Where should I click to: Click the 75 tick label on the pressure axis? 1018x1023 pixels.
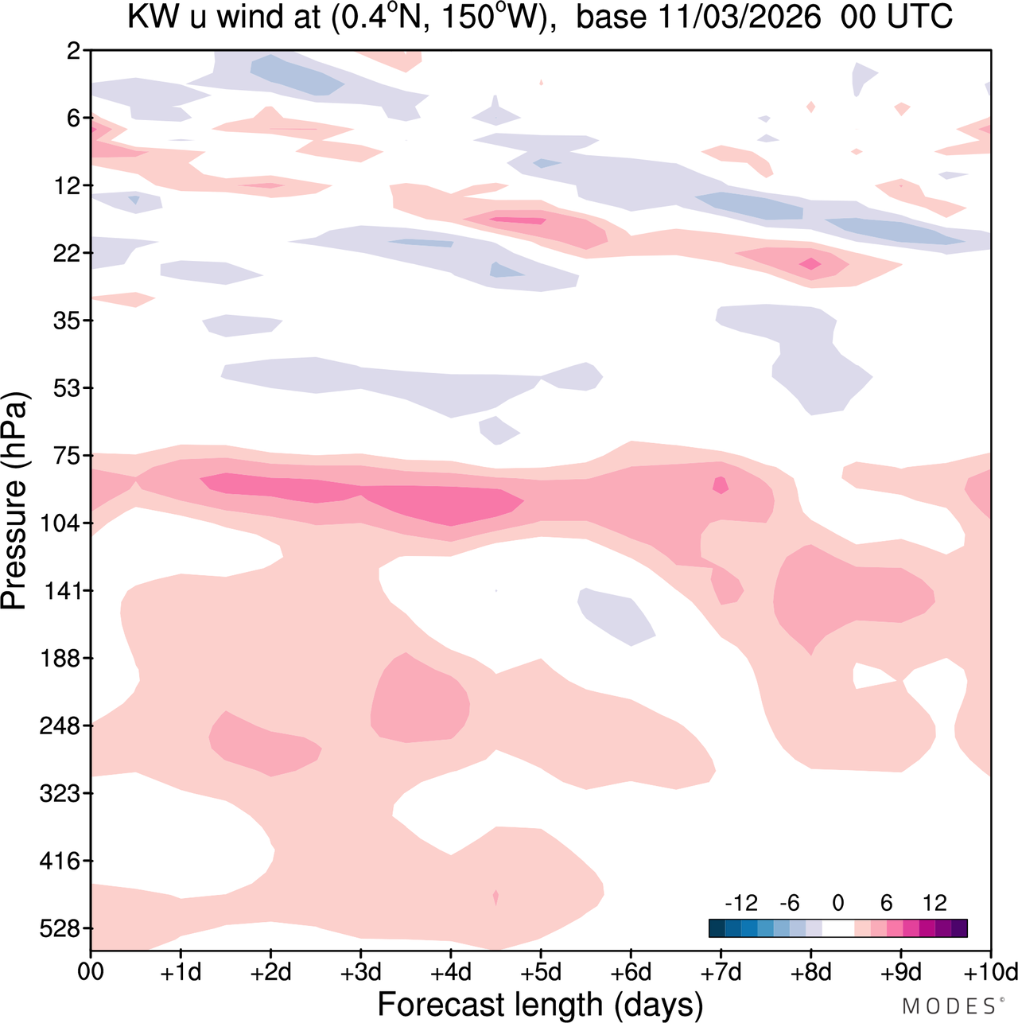click(x=67, y=456)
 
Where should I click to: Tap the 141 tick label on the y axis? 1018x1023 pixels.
click(x=62, y=591)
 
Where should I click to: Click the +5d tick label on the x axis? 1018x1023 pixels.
click(x=541, y=972)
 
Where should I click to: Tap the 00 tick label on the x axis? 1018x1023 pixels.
click(x=91, y=972)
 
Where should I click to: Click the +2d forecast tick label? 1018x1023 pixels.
click(x=270, y=972)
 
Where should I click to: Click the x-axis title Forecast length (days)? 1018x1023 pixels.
click(x=540, y=1004)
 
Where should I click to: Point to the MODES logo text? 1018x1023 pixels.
click(x=948, y=1006)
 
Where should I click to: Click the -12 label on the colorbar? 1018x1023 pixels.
click(x=740, y=903)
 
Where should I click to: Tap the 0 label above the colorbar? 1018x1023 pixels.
click(x=837, y=903)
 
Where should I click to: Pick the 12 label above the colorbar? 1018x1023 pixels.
click(x=934, y=903)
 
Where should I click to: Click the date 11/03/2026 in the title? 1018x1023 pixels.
click(x=739, y=18)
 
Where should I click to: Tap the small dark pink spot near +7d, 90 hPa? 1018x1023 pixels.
click(x=721, y=484)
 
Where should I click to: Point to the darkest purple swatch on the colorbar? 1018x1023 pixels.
click(x=959, y=928)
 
